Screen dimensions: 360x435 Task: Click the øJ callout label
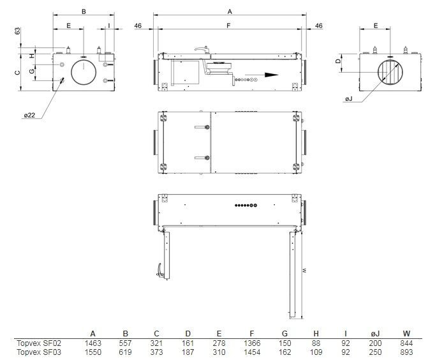(348, 100)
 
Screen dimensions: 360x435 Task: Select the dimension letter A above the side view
(230, 11)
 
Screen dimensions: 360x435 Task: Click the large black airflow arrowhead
(272, 74)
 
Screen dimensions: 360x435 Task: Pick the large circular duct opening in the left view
(84, 69)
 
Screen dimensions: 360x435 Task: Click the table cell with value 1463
(93, 343)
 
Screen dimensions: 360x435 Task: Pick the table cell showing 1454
(253, 351)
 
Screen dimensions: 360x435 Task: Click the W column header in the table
(406, 333)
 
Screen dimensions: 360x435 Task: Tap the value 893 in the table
(406, 351)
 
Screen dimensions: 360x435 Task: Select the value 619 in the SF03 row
(126, 351)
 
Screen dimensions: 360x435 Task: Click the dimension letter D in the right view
(338, 61)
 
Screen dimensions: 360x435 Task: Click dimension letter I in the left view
(108, 26)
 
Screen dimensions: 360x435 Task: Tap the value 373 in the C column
(157, 351)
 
